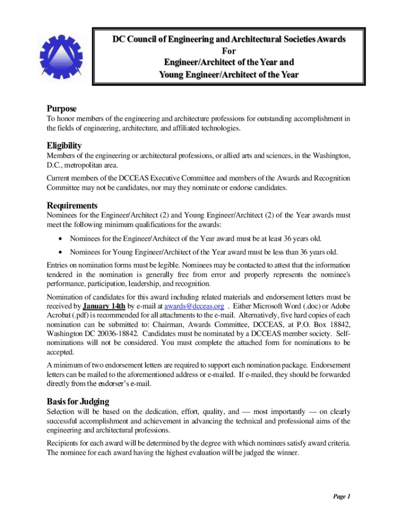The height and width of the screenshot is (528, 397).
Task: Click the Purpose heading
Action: [x=61, y=109]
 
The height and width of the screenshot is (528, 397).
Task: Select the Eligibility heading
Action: [x=64, y=145]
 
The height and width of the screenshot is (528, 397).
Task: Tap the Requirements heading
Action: [x=72, y=205]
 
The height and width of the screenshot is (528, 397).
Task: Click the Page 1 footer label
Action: [x=341, y=497]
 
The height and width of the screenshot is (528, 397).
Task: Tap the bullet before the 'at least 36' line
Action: [x=61, y=239]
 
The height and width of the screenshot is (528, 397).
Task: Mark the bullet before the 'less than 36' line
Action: [x=61, y=252]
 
